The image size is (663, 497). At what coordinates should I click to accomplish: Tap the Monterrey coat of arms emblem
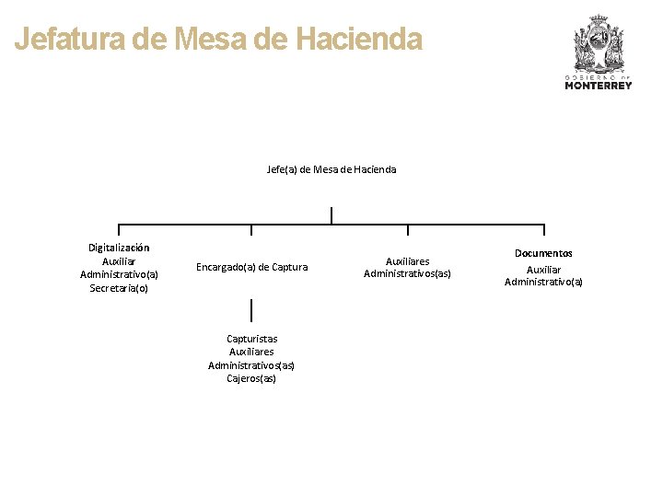coord(599,44)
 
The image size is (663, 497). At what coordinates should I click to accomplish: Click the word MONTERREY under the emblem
coord(599,86)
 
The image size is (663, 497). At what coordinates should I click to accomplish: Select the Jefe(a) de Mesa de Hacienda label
coord(331,169)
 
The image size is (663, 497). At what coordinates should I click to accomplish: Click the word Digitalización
coord(119,248)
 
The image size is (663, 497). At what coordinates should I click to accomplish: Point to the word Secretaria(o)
coord(119,288)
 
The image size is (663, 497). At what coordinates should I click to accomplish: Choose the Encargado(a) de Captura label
coord(251,267)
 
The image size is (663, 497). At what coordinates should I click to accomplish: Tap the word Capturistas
coord(251,339)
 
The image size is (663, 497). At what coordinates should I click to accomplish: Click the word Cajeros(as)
coord(251,378)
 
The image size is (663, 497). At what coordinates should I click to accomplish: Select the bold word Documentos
coord(543,253)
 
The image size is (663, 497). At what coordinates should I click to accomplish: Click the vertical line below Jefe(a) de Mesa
coord(331,214)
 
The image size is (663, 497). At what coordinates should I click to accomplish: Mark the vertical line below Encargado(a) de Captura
coord(251,310)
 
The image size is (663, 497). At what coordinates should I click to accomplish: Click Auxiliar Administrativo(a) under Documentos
coord(543,275)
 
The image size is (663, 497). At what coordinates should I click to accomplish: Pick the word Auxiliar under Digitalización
coord(119,261)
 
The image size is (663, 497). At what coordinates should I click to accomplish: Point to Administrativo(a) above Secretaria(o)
coord(119,274)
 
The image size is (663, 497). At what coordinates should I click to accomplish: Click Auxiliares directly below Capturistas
coord(251,352)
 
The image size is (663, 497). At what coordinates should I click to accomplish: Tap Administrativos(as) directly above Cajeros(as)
coord(251,365)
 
